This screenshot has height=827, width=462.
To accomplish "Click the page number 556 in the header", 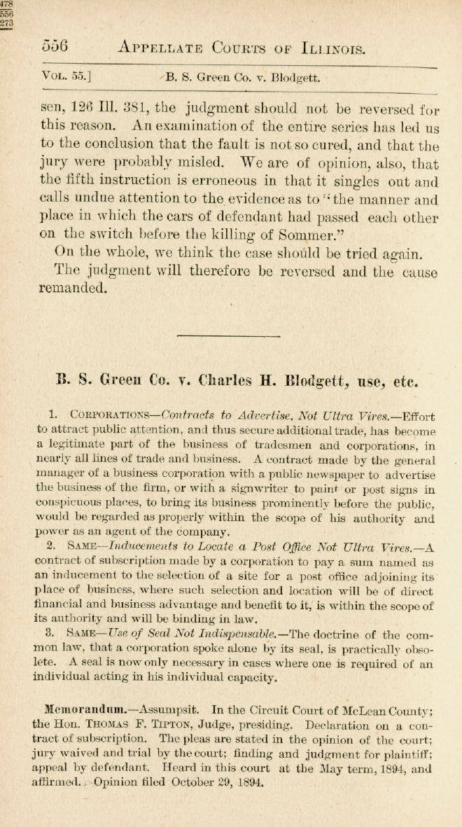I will click(x=54, y=47).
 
